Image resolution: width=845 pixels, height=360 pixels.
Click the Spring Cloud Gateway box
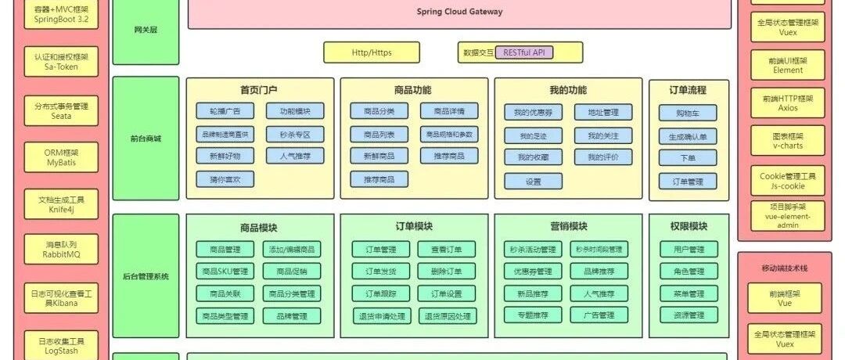pyautogui.click(x=459, y=13)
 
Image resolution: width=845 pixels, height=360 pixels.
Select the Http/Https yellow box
pyautogui.click(x=372, y=52)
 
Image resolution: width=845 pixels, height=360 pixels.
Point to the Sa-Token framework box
pyautogui.click(x=62, y=62)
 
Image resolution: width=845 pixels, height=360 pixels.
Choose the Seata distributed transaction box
pyautogui.click(x=62, y=110)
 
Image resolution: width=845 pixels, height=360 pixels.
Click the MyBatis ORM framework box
pyautogui.click(x=62, y=157)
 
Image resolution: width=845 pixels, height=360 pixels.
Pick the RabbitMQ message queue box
pyautogui.click(x=62, y=250)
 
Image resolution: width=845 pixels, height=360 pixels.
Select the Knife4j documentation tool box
pyautogui.click(x=62, y=204)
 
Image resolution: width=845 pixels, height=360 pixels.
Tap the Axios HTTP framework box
pyautogui.click(x=788, y=103)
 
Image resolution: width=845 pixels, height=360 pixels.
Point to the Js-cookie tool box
pyautogui.click(x=788, y=181)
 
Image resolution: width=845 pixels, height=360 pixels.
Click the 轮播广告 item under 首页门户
pyautogui.click(x=225, y=112)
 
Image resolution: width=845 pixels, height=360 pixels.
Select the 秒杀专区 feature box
pyautogui.click(x=295, y=135)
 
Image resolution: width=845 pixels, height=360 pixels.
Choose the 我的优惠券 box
pyautogui.click(x=534, y=113)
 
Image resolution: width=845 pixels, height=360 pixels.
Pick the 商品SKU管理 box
pyautogui.click(x=225, y=272)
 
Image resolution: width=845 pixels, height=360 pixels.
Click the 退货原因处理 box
pyautogui.click(x=448, y=316)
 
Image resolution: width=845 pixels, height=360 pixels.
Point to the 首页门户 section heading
pyautogui.click(x=259, y=90)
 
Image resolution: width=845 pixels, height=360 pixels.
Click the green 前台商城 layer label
pyautogui.click(x=146, y=139)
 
